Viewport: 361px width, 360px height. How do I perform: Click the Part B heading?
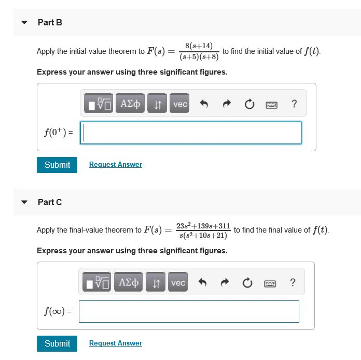click(50, 23)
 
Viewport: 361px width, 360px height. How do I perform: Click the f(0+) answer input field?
click(192, 133)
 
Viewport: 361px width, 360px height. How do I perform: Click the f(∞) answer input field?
click(189, 311)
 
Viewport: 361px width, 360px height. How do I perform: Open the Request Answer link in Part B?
click(116, 165)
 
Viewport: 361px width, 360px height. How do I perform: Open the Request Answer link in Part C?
click(116, 343)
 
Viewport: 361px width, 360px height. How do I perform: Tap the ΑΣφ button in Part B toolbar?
click(130, 104)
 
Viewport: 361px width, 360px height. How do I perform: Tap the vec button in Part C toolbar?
click(178, 282)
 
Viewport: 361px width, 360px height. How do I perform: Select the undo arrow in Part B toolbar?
click(204, 104)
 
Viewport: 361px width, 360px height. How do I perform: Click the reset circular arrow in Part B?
click(249, 104)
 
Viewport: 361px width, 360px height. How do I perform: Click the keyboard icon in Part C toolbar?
click(270, 283)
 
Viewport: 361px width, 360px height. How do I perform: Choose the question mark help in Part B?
click(294, 104)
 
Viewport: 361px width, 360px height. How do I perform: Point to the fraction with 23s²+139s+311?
click(203, 231)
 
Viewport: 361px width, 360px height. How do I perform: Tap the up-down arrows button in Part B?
click(157, 104)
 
